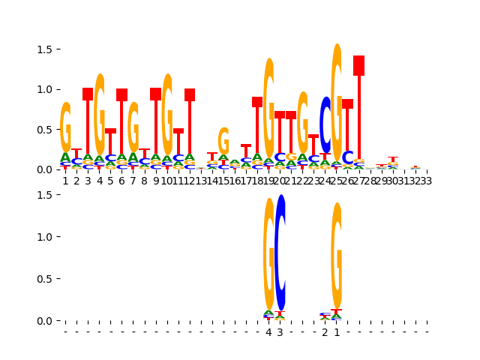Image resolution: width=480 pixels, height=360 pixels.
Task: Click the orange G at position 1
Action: click(x=65, y=127)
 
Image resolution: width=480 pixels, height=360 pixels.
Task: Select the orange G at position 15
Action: click(x=223, y=141)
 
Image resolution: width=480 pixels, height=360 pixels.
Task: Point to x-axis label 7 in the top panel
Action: click(x=133, y=181)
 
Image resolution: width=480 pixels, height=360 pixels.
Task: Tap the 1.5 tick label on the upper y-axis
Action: click(x=44, y=49)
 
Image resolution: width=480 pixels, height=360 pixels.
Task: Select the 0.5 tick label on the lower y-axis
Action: click(x=44, y=279)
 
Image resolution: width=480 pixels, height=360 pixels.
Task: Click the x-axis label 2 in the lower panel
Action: click(x=325, y=332)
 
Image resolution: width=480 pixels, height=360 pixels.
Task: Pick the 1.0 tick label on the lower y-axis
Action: click(x=44, y=237)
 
